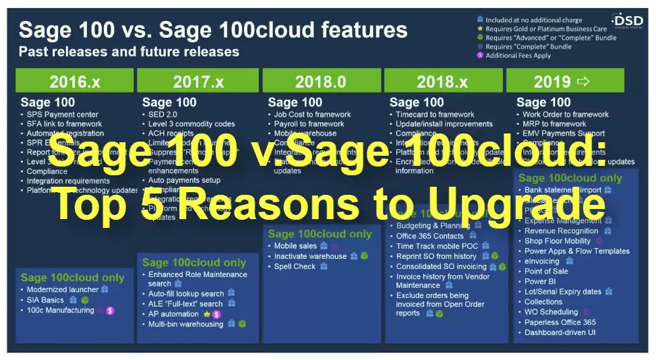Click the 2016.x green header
point(74,82)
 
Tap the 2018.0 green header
point(320,82)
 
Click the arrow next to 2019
point(583,82)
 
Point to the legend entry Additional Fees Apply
point(518,55)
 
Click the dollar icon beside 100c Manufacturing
point(110,310)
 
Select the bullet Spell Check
point(295,266)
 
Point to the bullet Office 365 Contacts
point(429,236)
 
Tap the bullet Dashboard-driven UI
point(560,332)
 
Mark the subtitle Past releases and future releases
point(128,51)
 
